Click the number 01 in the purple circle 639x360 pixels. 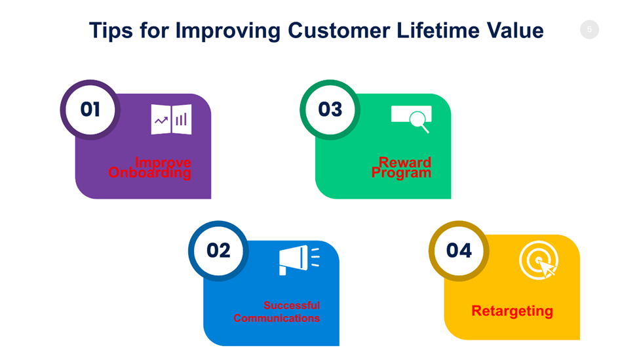pyautogui.click(x=90, y=110)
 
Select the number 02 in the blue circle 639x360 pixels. pyautogui.click(x=218, y=250)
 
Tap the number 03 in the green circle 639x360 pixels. pyautogui.click(x=330, y=110)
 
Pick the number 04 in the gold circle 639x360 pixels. pyautogui.click(x=459, y=250)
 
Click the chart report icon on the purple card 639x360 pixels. pyautogui.click(x=171, y=119)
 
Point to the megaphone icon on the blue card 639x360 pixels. pyautogui.click(x=300, y=260)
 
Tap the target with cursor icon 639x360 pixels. pyautogui.click(x=538, y=260)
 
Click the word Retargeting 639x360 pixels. pyautogui.click(x=513, y=311)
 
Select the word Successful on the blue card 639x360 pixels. pyautogui.click(x=292, y=306)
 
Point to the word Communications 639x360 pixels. pyautogui.click(x=277, y=318)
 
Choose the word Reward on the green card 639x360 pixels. pyautogui.click(x=404, y=162)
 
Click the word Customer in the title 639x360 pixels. pyautogui.click(x=339, y=30)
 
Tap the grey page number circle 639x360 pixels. pyautogui.click(x=589, y=30)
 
